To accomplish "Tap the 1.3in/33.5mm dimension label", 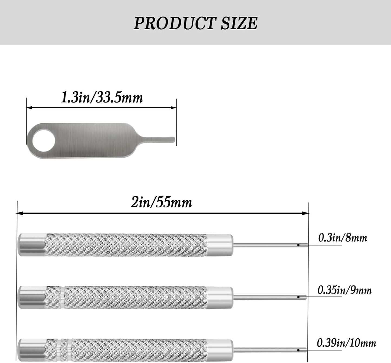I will point(102,98).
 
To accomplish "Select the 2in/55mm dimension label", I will point(161,203).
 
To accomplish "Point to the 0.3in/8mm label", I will point(343,238).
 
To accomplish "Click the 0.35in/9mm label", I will point(344,290).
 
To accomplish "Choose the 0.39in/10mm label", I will point(346,343).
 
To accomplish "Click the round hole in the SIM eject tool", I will point(44,141).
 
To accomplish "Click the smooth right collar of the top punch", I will point(220,245).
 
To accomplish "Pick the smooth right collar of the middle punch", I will point(220,297).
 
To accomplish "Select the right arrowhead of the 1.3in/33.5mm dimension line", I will point(174,108).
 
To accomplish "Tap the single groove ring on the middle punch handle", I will point(63,297).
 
